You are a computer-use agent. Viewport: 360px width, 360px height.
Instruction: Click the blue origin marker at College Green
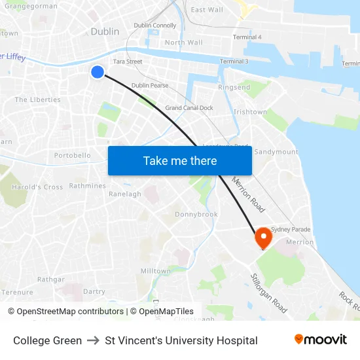coord(98,72)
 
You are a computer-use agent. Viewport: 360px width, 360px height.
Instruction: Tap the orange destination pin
coord(264,237)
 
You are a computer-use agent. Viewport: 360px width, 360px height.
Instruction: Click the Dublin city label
coord(105,31)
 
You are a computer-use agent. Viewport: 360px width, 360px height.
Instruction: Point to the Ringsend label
coord(234,86)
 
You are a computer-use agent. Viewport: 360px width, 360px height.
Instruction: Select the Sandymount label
coord(276,151)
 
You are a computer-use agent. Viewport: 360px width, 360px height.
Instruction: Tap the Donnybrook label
coord(196,214)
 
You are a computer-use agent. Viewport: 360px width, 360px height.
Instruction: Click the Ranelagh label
coord(124,194)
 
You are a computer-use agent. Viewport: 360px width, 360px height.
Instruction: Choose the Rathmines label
coord(87,186)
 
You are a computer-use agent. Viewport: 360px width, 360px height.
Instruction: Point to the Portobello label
coord(72,156)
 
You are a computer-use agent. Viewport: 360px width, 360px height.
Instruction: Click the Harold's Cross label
coord(37,187)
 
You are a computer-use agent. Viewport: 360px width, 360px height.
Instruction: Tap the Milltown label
coord(155,270)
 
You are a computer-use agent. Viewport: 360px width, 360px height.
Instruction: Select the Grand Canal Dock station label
coord(189,107)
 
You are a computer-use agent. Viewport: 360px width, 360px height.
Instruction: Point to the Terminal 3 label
coord(234,62)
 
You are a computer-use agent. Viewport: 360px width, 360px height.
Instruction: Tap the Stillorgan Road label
coord(269,293)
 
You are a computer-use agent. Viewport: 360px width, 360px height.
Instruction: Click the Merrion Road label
coord(249,194)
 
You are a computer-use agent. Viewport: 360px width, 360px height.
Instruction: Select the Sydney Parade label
coord(291,229)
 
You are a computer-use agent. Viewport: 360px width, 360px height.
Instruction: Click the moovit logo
coord(320,339)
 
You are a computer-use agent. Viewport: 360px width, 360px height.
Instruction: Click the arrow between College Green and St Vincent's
coord(94,340)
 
